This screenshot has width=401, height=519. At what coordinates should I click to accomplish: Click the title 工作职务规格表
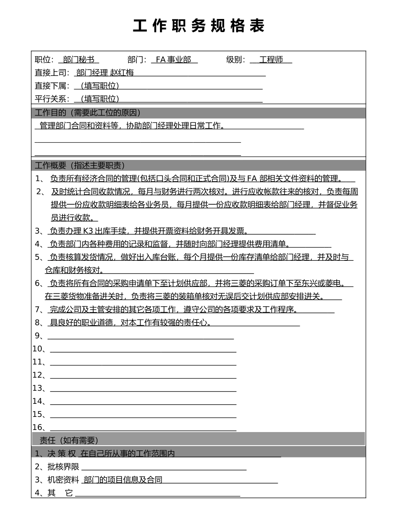(x=199, y=26)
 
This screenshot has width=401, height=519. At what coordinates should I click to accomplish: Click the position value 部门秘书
(x=79, y=59)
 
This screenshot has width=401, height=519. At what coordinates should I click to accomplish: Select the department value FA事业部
(x=173, y=59)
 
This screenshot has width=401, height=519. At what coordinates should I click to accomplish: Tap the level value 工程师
(x=271, y=59)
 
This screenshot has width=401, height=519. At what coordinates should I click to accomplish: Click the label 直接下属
(x=52, y=86)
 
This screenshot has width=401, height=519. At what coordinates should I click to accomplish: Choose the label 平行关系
(x=52, y=99)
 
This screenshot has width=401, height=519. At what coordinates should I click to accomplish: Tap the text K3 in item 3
(x=89, y=231)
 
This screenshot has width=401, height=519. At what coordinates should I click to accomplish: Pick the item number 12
(x=38, y=375)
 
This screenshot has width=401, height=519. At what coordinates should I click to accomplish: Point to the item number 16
(x=38, y=427)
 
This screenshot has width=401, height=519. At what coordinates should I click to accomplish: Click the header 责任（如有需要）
(x=69, y=441)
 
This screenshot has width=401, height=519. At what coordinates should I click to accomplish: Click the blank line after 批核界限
(x=164, y=468)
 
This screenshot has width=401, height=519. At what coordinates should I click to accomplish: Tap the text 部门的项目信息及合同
(x=123, y=480)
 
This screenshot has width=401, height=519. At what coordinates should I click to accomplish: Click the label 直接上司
(x=52, y=73)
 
